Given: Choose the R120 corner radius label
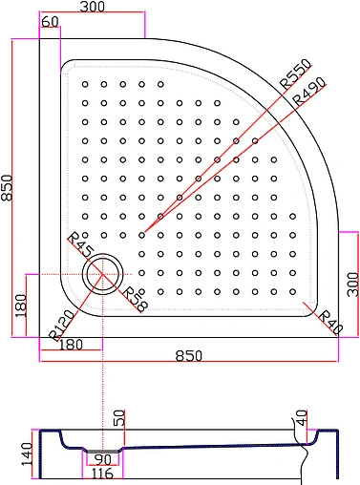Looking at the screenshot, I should (x=63, y=327).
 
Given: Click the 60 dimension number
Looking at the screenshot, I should (x=52, y=22).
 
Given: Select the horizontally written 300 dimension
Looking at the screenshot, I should (x=92, y=8).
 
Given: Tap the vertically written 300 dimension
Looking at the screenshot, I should (x=351, y=283).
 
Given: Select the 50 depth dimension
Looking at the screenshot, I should (x=120, y=417).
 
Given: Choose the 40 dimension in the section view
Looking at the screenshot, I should (x=302, y=417).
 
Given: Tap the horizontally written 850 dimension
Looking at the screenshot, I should (x=189, y=355).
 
